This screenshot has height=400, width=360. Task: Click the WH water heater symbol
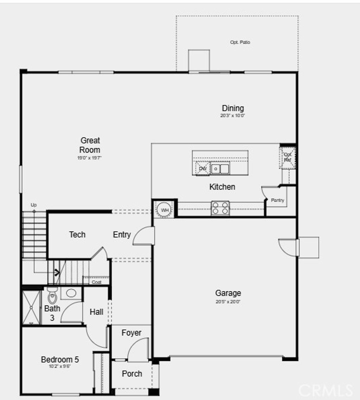pyautogui.click(x=165, y=210)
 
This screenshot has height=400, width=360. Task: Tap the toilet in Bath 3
pyautogui.click(x=52, y=296)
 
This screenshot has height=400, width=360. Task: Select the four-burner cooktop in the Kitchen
pyautogui.click(x=220, y=208)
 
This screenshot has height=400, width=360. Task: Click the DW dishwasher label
pyautogui.click(x=202, y=169)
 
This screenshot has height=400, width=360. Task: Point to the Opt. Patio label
pyautogui.click(x=240, y=42)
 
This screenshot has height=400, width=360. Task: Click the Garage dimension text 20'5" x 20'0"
pyautogui.click(x=228, y=301)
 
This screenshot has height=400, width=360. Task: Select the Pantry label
pyautogui.click(x=277, y=200)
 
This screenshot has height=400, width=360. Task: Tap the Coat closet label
pyautogui.click(x=96, y=282)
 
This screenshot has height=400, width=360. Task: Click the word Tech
pyautogui.click(x=77, y=235)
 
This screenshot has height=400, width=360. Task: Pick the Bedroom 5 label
pyautogui.click(x=60, y=360)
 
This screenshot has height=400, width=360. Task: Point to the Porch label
pyautogui.click(x=132, y=374)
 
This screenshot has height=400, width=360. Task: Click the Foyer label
pyautogui.click(x=131, y=333)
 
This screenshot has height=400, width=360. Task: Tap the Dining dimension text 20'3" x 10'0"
pyautogui.click(x=233, y=116)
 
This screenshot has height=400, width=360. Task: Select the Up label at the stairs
pyautogui.click(x=34, y=205)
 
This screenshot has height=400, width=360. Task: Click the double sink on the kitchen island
pyautogui.click(x=220, y=169)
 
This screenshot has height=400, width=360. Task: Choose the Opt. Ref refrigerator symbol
pyautogui.click(x=288, y=157)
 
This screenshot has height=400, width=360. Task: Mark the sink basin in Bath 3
pyautogui.click(x=71, y=293)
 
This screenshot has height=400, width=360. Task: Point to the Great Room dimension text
pyautogui.click(x=90, y=158)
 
